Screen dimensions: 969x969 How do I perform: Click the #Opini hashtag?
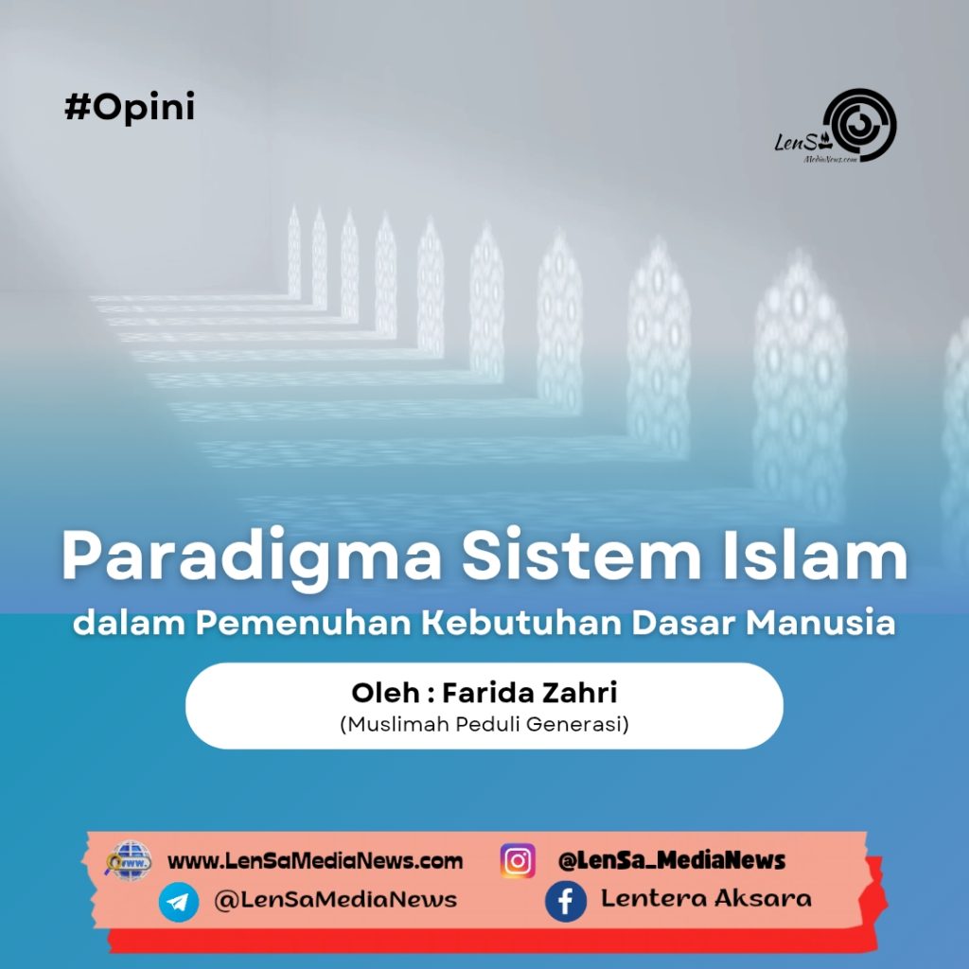click(130, 108)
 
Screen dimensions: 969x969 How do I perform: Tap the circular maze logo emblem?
click(858, 125)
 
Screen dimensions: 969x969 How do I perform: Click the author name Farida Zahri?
click(529, 693)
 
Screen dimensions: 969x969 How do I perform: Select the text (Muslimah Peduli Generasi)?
click(484, 725)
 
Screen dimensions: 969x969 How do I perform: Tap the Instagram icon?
click(518, 861)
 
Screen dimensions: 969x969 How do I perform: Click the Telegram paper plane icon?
click(179, 901)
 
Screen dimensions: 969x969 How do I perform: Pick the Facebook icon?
click(565, 901)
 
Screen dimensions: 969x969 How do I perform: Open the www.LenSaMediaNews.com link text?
click(315, 861)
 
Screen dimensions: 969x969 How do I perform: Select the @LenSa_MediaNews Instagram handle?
click(672, 861)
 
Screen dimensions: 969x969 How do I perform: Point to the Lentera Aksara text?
click(706, 899)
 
